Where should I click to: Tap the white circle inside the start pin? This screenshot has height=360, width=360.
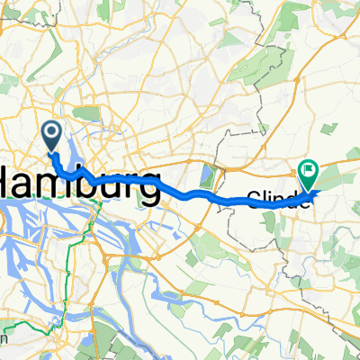pos(51,134)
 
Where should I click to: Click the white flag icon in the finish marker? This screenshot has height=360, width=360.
pos(309,167)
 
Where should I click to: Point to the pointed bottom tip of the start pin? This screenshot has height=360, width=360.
pos(51,153)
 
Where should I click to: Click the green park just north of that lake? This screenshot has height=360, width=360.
pos(87,113)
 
